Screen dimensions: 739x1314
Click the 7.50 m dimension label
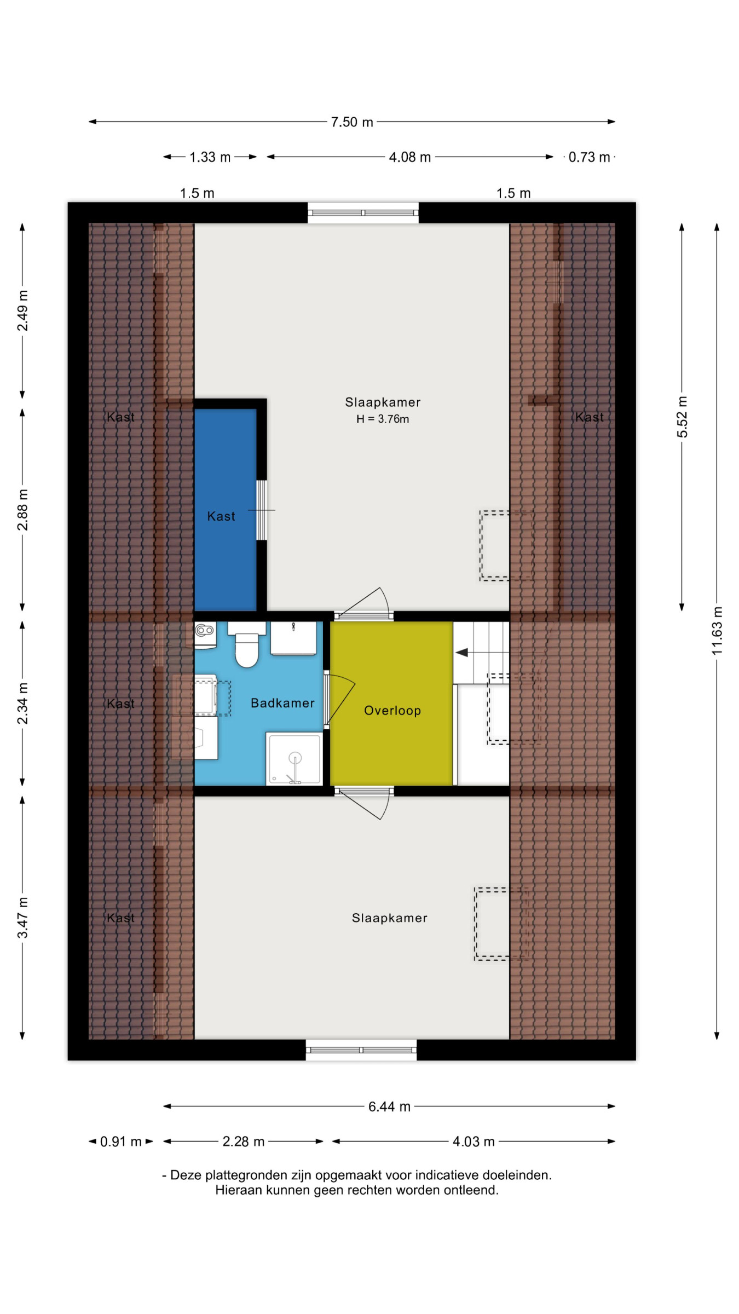pos(352,122)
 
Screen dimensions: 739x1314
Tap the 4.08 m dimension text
pos(410,158)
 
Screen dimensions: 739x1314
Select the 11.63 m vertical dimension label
pos(717,631)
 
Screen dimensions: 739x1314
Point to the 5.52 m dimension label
pos(682,417)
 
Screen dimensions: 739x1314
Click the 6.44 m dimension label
pos(389,1106)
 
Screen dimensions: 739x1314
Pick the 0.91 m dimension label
pos(121,1142)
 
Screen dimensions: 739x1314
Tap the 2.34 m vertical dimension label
pos(22,704)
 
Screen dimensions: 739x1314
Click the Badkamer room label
pos(282,703)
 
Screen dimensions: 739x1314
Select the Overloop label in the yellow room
pos(392,711)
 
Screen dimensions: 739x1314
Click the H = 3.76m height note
pos(383,419)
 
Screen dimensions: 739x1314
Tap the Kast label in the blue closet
pos(221,516)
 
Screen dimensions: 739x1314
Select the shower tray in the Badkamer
pos(294,759)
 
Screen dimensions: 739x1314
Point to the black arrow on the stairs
pos(462,652)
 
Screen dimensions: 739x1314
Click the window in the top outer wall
pos(363,212)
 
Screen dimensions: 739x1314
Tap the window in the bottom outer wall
pos(361,1050)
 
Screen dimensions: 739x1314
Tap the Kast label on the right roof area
pos(590,417)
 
